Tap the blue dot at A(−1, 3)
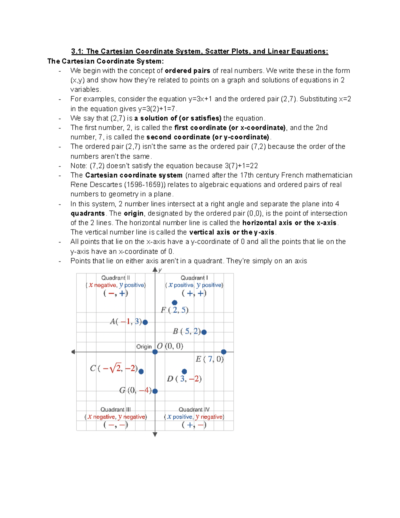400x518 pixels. coord(145,322)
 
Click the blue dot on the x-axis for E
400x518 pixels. coord(224,352)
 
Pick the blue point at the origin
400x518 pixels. coord(155,352)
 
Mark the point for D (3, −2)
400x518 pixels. coord(184,371)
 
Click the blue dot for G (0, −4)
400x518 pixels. coord(155,391)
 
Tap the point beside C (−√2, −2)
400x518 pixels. coord(141,371)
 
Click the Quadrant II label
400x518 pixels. coord(115,278)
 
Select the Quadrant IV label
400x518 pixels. coord(194,409)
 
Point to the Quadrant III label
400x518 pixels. coord(115,409)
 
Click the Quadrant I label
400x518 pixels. coord(194,278)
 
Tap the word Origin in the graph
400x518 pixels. coord(144,347)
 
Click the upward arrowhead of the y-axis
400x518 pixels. coord(155,270)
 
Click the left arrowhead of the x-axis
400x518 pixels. coord(73,352)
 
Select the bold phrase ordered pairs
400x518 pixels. coord(187,71)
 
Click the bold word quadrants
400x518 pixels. coord(88,213)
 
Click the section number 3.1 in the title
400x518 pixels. coord(77,51)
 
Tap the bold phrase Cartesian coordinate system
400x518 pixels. coord(134,175)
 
